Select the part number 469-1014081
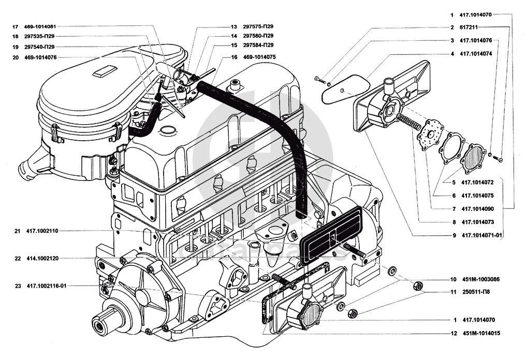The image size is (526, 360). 40,26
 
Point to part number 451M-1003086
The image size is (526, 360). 479,279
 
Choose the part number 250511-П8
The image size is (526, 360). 475,292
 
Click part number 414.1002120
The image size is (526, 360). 42,258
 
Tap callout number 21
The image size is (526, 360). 17,231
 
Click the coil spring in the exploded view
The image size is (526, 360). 408,123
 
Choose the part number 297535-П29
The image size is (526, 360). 40,36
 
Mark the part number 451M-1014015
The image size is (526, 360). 481,334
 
